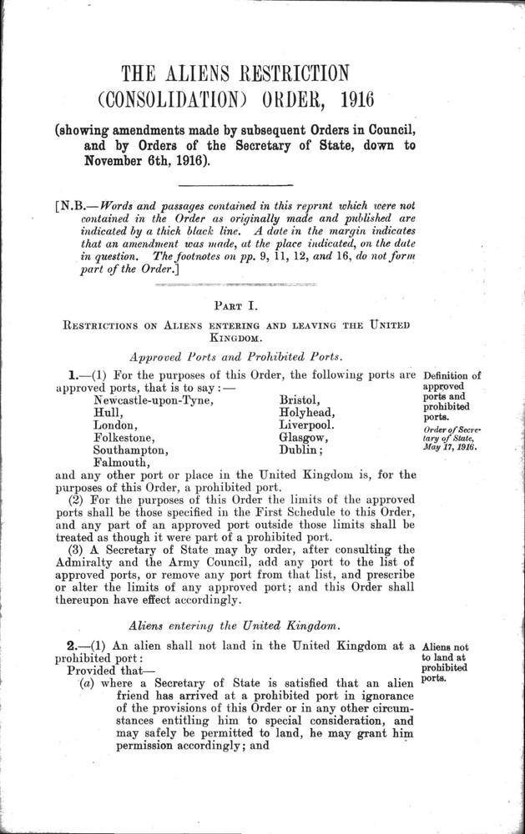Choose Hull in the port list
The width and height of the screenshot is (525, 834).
[108, 414]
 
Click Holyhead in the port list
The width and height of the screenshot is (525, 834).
[306, 414]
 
